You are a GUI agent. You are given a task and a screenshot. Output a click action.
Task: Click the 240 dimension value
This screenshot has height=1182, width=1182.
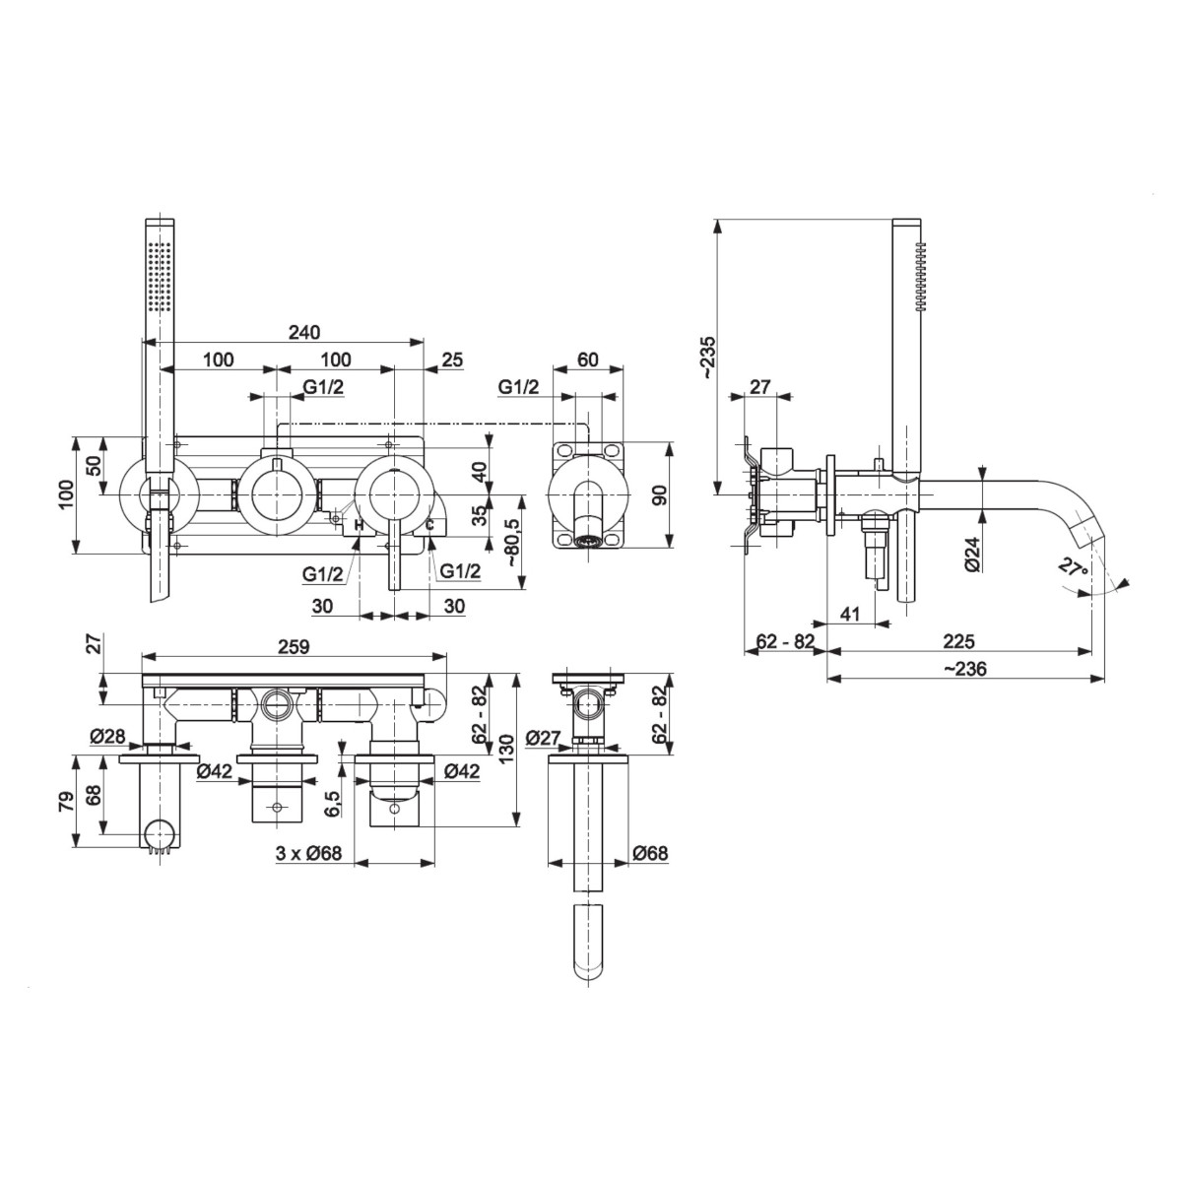point(304,332)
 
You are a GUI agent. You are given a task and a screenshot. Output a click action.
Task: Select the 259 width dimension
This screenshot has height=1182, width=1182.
point(294,646)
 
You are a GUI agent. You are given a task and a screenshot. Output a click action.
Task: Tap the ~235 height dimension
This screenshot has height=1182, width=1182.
point(708,357)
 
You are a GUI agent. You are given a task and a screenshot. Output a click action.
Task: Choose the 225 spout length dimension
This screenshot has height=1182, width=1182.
point(958,641)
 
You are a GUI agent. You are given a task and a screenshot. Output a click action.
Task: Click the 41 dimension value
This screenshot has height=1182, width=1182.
point(850,614)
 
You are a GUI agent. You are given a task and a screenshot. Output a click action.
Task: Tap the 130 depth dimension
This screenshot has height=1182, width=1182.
point(506,749)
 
